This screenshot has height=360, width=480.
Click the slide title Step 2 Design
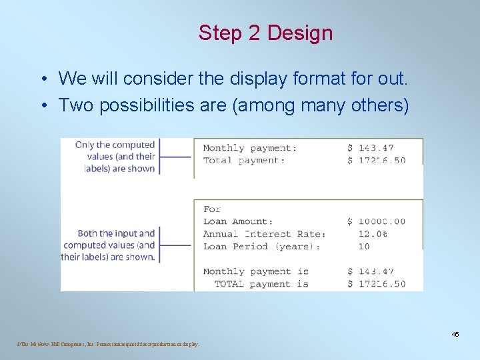(x=265, y=33)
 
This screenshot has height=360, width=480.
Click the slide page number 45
(x=455, y=334)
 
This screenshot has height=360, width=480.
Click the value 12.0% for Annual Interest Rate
(x=373, y=234)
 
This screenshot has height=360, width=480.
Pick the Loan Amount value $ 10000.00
(x=376, y=221)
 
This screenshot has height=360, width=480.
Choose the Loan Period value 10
(x=363, y=247)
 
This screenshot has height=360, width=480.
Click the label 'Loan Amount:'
(x=238, y=221)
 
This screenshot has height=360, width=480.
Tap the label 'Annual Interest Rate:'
(x=264, y=234)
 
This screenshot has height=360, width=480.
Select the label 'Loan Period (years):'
(x=261, y=247)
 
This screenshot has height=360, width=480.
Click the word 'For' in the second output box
(x=212, y=209)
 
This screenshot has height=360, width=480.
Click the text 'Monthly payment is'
(x=255, y=271)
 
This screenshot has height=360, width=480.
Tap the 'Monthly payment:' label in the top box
(x=250, y=148)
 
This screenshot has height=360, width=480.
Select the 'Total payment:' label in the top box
(x=244, y=160)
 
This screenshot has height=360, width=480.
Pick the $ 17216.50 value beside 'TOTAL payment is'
(x=376, y=284)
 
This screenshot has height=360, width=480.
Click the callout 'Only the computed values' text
(x=115, y=156)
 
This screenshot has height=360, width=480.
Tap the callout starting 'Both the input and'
(x=108, y=245)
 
